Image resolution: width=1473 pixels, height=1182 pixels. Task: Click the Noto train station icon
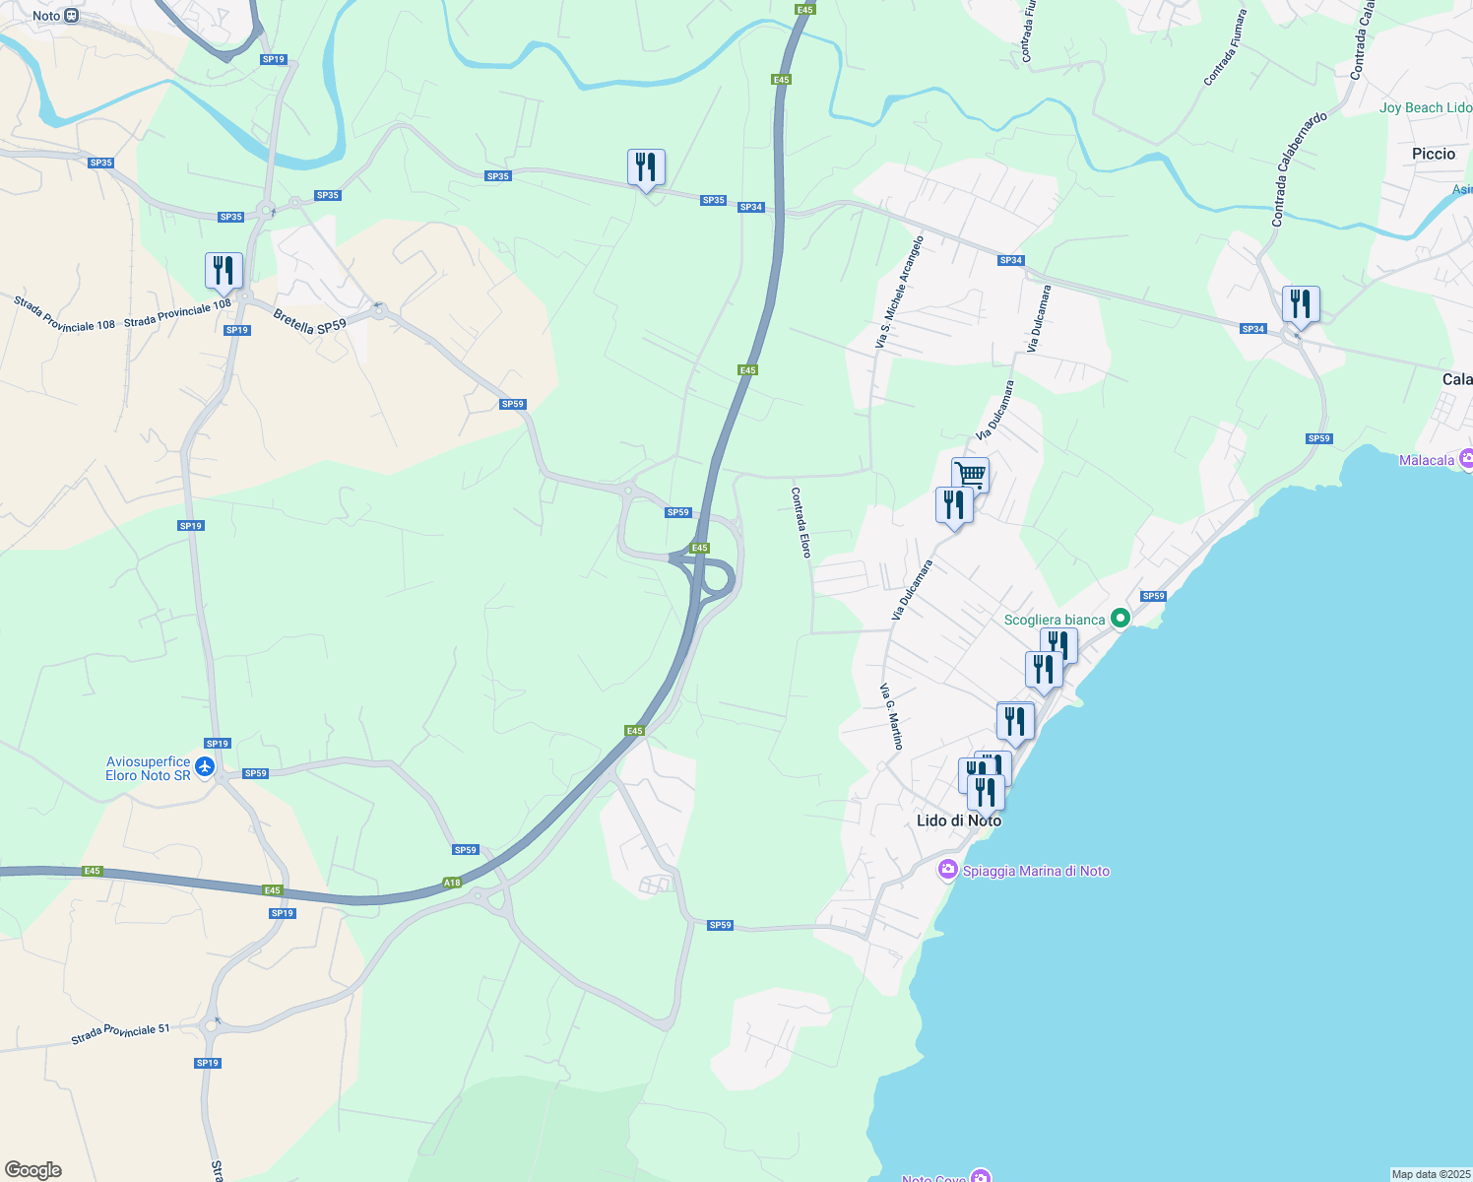click(72, 16)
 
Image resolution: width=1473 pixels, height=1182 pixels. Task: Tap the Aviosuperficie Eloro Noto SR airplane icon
click(205, 767)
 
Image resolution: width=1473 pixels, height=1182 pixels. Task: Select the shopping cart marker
click(970, 474)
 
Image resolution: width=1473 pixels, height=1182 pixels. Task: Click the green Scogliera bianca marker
click(1120, 619)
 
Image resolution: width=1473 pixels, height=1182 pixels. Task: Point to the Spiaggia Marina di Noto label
click(1036, 871)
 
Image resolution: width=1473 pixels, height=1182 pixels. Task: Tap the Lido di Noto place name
click(958, 821)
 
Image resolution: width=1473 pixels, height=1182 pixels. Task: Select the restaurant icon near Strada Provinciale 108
click(224, 270)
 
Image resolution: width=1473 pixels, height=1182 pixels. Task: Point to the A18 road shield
click(452, 883)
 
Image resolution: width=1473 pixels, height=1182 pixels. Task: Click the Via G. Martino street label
click(891, 717)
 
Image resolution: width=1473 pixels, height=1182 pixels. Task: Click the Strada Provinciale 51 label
click(120, 1033)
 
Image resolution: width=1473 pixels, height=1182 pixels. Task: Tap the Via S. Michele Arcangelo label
click(899, 293)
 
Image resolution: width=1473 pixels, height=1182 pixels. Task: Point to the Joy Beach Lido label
click(1425, 107)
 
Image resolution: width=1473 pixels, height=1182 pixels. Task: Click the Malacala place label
click(1427, 460)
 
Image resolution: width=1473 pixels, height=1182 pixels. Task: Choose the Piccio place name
click(1433, 154)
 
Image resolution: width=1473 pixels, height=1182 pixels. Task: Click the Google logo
click(33, 1170)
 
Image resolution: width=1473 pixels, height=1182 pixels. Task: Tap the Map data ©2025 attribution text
click(1431, 1174)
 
